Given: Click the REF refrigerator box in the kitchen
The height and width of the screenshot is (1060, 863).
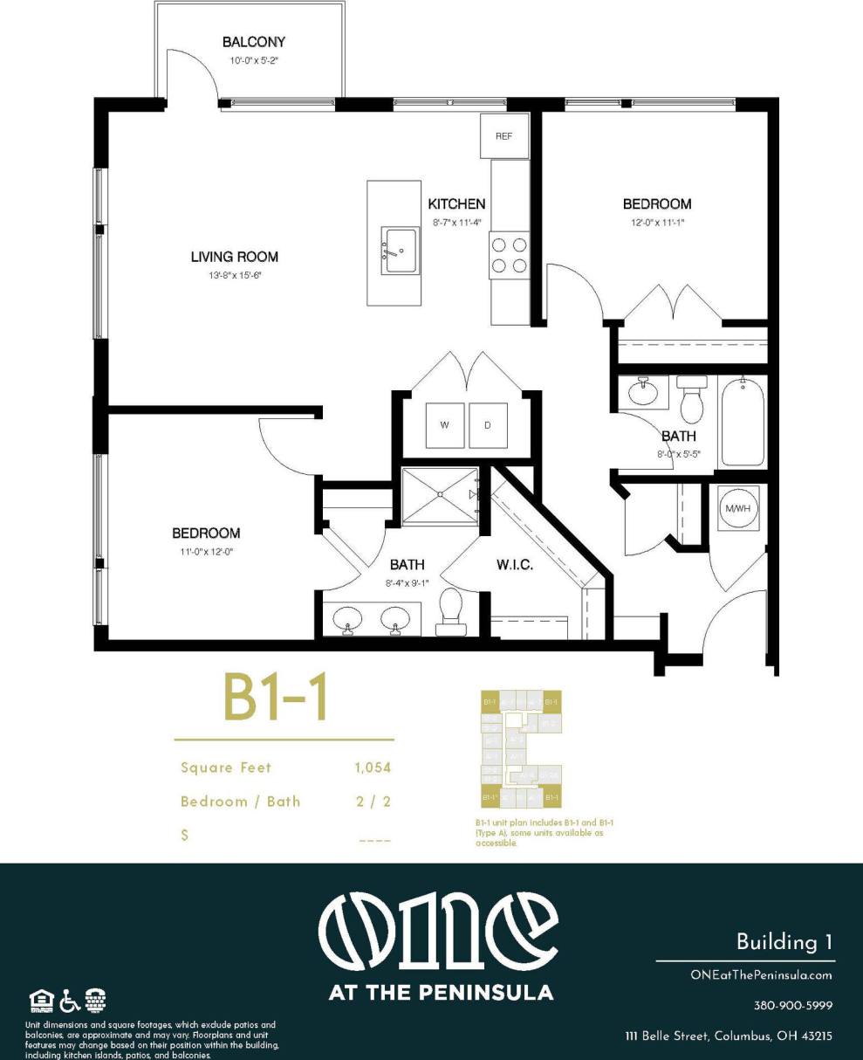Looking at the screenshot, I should tap(504, 136).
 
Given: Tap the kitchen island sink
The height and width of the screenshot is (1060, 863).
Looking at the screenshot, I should tap(401, 251).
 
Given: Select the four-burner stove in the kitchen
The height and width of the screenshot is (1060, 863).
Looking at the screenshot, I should tap(509, 255).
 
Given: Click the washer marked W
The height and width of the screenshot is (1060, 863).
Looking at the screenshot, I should tap(445, 425).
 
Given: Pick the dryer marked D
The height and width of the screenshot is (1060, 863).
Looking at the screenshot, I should tap(488, 425).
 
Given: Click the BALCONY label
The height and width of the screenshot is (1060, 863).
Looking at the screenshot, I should tap(254, 42).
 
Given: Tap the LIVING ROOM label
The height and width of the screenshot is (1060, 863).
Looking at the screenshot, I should tap(235, 257).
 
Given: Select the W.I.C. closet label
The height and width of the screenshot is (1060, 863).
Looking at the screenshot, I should tap(515, 565).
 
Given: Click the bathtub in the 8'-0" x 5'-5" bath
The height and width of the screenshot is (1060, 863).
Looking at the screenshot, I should tap(743, 423).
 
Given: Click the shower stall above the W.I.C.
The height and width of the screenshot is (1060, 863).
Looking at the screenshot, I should tap(440, 497).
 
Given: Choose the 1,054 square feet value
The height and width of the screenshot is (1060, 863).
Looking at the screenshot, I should tap(373, 768).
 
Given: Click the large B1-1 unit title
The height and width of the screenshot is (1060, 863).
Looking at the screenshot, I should tap(275, 698).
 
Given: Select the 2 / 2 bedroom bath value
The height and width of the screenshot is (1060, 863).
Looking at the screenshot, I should tap(373, 802).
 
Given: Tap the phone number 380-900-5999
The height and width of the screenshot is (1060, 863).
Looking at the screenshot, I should tap(792, 1006).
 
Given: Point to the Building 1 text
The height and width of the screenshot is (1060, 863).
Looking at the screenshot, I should tap(784, 942).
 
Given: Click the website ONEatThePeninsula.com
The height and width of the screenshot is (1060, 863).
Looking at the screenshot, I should tap(760, 975).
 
